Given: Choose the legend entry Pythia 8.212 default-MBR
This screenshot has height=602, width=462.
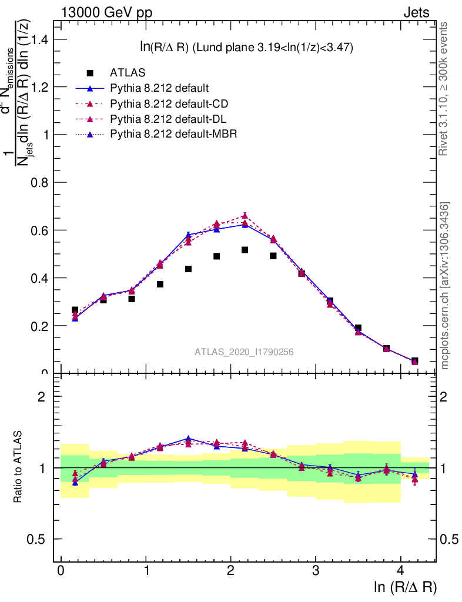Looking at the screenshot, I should click(x=173, y=135).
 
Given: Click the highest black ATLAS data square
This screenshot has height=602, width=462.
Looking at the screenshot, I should click(x=245, y=250).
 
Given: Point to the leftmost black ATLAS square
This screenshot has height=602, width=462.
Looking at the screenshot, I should click(x=75, y=310).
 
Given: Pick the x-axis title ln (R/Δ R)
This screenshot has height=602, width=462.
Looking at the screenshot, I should click(x=405, y=587).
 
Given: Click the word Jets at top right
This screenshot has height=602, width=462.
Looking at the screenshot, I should click(x=416, y=13).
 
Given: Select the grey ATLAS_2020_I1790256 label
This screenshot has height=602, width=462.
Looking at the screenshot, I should click(x=244, y=352).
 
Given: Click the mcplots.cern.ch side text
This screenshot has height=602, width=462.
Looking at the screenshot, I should click(x=445, y=286).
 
